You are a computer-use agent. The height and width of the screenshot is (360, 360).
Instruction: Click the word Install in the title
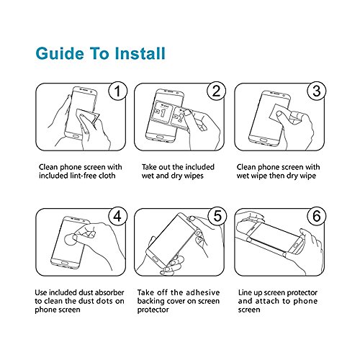point(140,53)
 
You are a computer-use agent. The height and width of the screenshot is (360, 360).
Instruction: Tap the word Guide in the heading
point(60,53)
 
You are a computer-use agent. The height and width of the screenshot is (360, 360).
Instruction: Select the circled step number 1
point(117,91)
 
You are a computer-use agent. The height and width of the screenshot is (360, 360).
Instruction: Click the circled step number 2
point(216,91)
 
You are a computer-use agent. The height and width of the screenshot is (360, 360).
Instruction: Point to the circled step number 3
point(317,91)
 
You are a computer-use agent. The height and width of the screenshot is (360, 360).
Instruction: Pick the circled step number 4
point(117,216)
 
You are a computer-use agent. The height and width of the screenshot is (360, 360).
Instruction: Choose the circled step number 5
point(217,216)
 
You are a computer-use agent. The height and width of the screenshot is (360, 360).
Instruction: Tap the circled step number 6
point(317,216)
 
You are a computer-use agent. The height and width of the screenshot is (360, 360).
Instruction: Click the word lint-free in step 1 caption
point(83,176)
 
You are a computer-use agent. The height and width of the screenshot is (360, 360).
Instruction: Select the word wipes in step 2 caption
point(193,176)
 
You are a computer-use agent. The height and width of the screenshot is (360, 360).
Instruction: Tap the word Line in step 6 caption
point(244,292)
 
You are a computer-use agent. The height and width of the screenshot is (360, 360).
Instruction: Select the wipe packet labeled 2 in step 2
point(181,118)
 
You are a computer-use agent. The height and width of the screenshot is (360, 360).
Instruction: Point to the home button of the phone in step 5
point(156,259)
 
